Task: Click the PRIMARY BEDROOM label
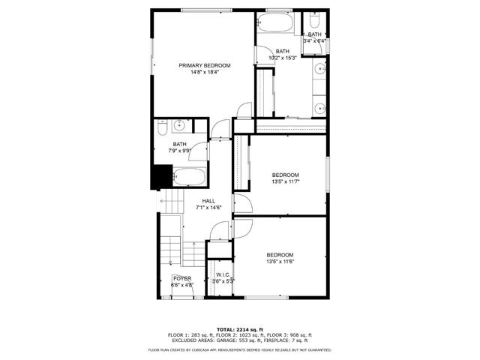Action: point(204,66)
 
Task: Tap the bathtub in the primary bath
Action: point(280,24)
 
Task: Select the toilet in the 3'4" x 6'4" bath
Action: point(316,20)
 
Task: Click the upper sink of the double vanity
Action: point(320,71)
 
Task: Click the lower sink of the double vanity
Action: point(320,106)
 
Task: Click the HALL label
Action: point(208,201)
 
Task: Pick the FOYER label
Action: point(181,278)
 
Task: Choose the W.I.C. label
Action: point(223,275)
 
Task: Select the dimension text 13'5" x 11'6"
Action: point(280,262)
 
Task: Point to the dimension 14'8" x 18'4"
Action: point(204,73)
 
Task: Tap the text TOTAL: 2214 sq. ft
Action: point(240,329)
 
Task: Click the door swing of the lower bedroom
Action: point(243,226)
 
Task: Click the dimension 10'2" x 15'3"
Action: point(282,58)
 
